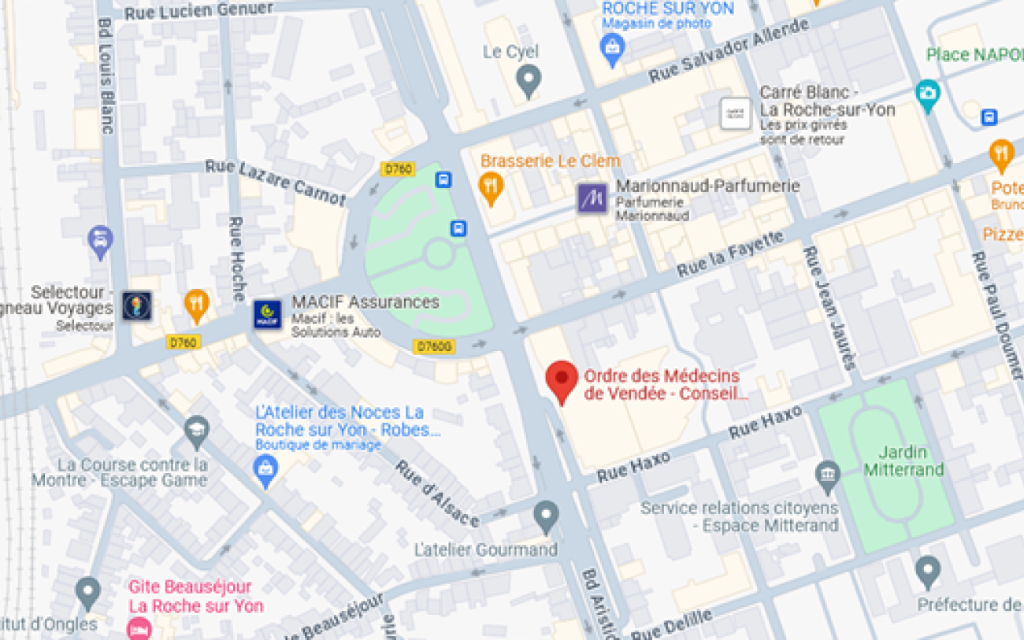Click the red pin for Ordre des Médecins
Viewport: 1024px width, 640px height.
(x=562, y=379)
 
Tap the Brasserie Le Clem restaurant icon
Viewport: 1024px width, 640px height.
(x=491, y=187)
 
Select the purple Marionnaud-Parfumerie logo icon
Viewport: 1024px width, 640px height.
(x=592, y=198)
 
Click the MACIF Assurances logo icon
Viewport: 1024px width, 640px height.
(x=267, y=314)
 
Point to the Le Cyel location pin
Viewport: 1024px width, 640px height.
(x=529, y=79)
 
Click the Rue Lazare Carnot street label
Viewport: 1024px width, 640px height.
(x=275, y=182)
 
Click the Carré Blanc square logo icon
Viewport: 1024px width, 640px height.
(x=736, y=113)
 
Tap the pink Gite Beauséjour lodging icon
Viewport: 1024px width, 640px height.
(x=139, y=628)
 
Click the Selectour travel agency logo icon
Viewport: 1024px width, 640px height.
(x=137, y=305)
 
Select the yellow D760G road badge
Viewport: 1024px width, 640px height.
(x=434, y=346)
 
